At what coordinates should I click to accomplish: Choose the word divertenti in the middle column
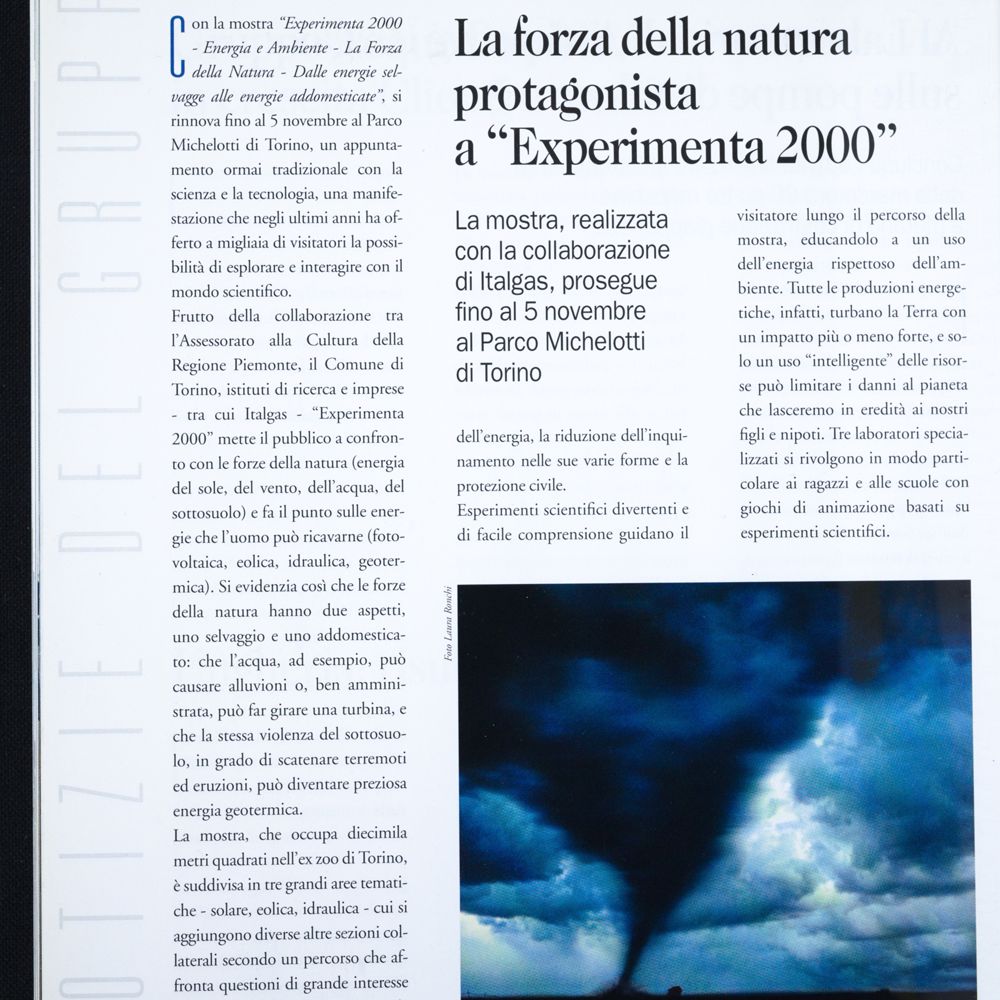point(643,510)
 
